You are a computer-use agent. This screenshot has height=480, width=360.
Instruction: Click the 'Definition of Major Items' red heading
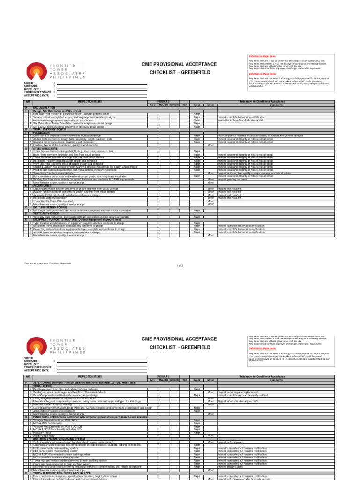[262, 56]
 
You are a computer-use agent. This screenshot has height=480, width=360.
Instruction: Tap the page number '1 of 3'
[180, 265]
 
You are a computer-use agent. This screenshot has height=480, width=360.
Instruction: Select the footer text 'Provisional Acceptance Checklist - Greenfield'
[48, 263]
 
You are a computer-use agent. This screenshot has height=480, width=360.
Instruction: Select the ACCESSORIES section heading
[43, 185]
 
